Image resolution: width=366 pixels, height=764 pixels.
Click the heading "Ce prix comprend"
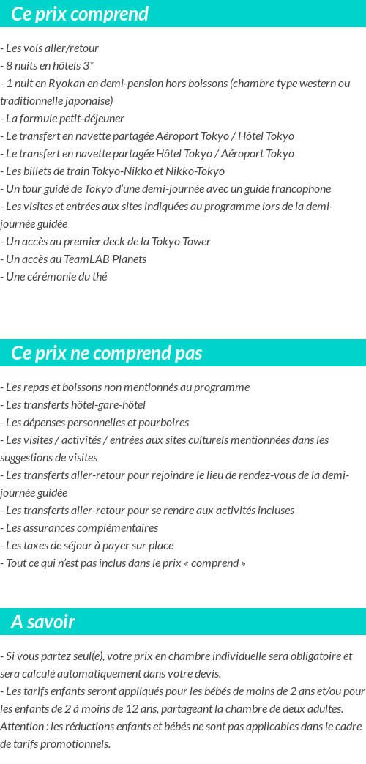(80, 14)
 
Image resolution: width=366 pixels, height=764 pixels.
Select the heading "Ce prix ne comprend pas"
(106, 353)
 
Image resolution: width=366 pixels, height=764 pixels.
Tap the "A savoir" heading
(42, 622)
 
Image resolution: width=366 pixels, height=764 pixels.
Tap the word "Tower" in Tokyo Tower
(194, 242)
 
